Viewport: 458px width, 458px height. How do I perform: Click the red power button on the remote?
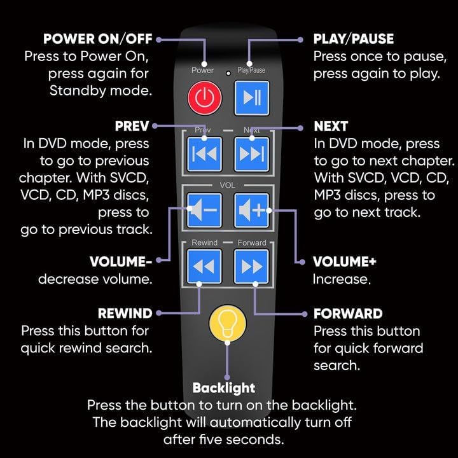tap(204, 99)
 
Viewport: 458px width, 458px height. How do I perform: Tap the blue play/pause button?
tap(251, 99)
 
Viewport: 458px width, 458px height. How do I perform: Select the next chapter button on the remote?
tap(251, 155)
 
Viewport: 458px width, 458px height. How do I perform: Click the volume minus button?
tap(204, 211)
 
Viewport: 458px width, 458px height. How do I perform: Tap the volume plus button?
tap(251, 211)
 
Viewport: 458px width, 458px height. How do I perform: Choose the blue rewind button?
tap(204, 266)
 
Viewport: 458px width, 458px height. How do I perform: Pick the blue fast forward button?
tap(251, 266)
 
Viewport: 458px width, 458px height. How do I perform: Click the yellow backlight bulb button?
tap(228, 323)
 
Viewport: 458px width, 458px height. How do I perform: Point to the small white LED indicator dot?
tap(227, 71)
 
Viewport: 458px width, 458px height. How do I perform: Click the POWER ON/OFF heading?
tap(98, 39)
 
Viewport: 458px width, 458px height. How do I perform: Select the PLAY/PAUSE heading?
tap(354, 39)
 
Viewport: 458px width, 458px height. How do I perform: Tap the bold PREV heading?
tap(132, 126)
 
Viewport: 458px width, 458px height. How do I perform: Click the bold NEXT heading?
tap(331, 126)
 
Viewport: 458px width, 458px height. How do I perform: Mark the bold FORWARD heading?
tap(348, 314)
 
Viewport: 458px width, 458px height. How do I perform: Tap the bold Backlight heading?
tap(223, 388)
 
